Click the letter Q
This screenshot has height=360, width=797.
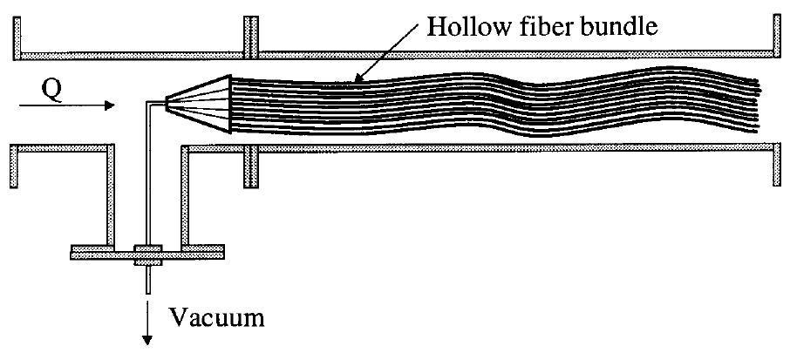coord(51,90)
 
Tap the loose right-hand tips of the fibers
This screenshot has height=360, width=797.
coord(757,109)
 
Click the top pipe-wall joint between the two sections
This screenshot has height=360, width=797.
coord(251,37)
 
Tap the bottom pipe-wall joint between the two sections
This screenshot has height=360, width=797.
coord(251,162)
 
